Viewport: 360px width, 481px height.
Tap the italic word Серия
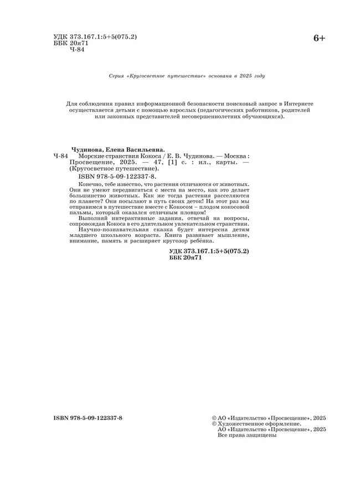(x=117, y=76)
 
